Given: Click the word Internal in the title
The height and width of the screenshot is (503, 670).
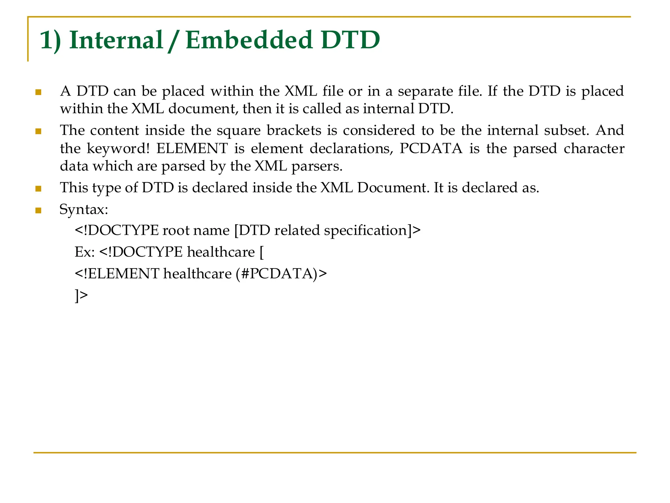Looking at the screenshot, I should [x=116, y=40].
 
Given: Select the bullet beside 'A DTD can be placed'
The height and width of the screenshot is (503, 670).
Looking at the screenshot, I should [x=38, y=92].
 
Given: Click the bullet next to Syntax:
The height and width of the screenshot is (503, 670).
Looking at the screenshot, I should [x=38, y=210].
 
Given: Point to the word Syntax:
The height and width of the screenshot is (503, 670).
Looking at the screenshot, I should [x=84, y=210].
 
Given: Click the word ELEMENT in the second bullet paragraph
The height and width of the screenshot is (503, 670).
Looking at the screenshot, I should [x=192, y=149].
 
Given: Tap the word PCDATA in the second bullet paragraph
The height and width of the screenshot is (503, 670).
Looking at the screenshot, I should [x=431, y=149].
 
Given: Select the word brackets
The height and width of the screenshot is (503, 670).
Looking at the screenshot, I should [x=294, y=131].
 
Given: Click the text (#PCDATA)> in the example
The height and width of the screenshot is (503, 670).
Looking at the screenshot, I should [x=281, y=274].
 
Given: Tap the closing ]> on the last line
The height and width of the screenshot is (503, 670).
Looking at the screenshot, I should [x=81, y=295].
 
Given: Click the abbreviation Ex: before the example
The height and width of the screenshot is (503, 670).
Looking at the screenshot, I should [x=85, y=252].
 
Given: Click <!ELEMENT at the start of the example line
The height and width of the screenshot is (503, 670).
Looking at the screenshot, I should [x=117, y=274].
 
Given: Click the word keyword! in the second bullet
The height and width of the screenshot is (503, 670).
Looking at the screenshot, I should [x=118, y=149].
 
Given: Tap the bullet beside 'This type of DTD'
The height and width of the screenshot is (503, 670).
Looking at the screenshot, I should [x=38, y=189].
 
